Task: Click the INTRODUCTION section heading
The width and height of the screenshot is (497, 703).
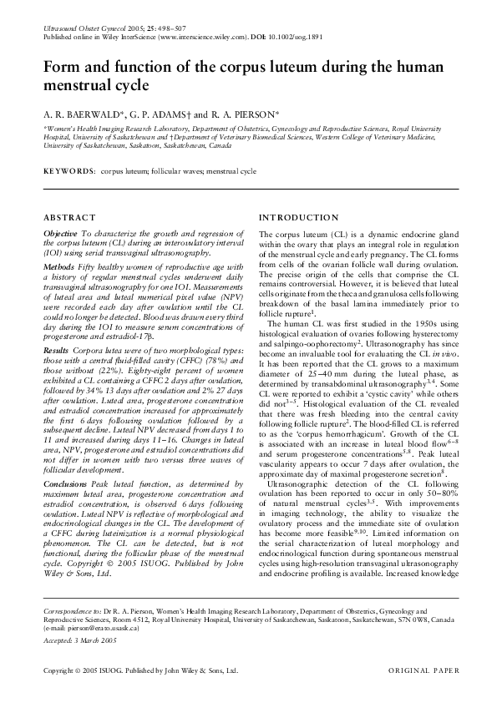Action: point(299,217)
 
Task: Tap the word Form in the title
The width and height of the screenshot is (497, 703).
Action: point(61,66)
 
